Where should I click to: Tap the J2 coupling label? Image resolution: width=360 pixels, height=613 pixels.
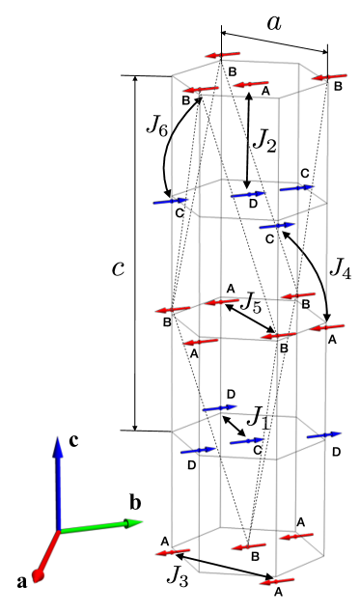click(x=263, y=141)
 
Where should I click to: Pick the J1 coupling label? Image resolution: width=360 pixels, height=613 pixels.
click(x=257, y=417)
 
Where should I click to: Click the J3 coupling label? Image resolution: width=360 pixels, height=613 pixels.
click(x=177, y=576)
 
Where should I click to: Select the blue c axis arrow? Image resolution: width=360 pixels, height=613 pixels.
click(x=58, y=483)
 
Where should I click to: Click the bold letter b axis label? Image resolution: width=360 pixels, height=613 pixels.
click(x=136, y=502)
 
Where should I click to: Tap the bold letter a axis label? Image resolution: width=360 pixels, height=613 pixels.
click(x=22, y=581)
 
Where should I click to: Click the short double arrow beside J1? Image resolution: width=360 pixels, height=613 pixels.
click(x=233, y=426)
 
